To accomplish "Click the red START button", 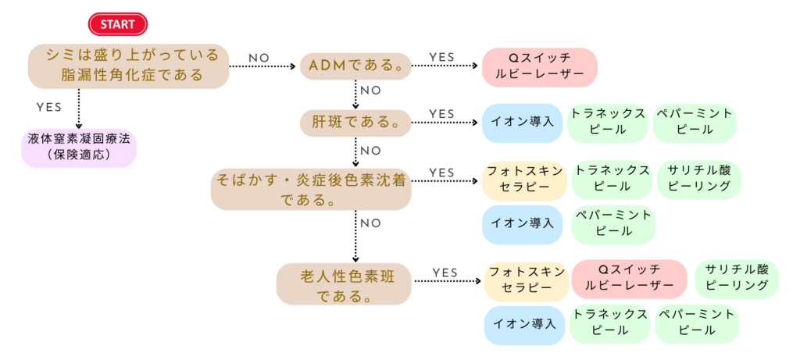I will (x=117, y=24).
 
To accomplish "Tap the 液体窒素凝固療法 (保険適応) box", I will (x=78, y=148).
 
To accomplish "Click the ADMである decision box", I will (x=356, y=66).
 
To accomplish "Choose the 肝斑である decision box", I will (x=355, y=123).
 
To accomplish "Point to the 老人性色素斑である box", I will (x=344, y=285).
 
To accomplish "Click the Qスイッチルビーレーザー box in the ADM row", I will (x=539, y=67).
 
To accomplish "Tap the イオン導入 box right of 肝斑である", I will (x=522, y=123).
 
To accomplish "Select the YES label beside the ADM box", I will (x=442, y=57).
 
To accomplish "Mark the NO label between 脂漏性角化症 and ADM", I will (x=260, y=58).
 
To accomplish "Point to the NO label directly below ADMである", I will (x=370, y=91).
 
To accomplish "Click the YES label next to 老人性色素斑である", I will (x=445, y=272).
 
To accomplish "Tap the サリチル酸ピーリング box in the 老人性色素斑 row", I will (x=737, y=278).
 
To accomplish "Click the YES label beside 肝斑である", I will (x=442, y=114).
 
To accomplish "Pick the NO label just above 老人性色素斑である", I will (x=370, y=223).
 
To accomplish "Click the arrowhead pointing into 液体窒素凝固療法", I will (x=78, y=127).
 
